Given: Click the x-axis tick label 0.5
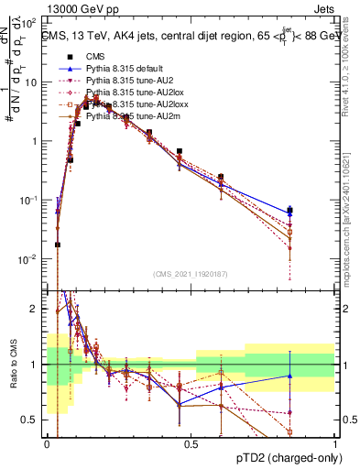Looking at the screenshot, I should pos(191,444).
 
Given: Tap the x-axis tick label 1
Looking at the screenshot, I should pos(334,444).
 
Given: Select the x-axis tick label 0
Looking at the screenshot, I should pos(47,444).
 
